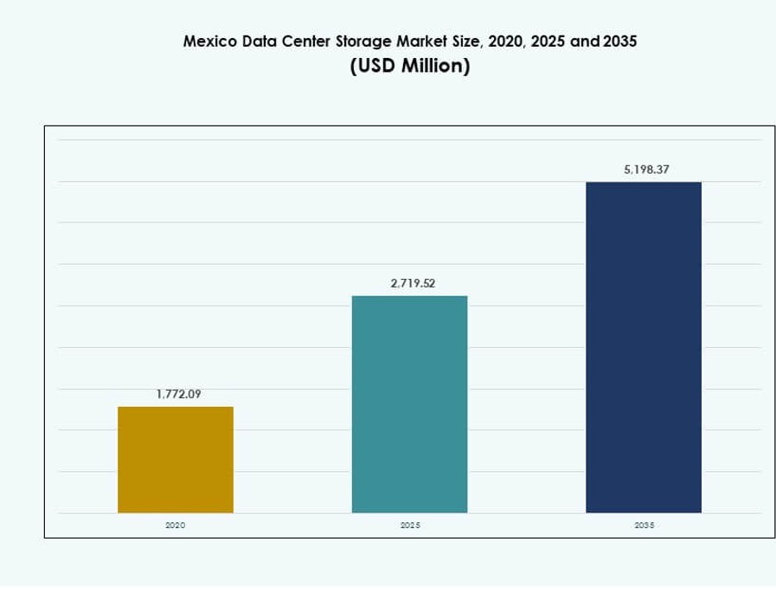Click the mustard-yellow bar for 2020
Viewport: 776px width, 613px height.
click(176, 459)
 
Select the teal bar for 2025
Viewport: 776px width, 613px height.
click(409, 403)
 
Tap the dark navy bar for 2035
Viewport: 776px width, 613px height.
click(643, 346)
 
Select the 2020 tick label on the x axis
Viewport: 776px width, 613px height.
click(176, 526)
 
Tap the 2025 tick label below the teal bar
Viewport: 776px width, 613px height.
click(411, 526)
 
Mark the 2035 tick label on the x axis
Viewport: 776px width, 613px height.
click(645, 526)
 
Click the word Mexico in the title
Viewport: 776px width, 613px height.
click(208, 41)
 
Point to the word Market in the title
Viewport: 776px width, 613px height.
click(420, 41)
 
